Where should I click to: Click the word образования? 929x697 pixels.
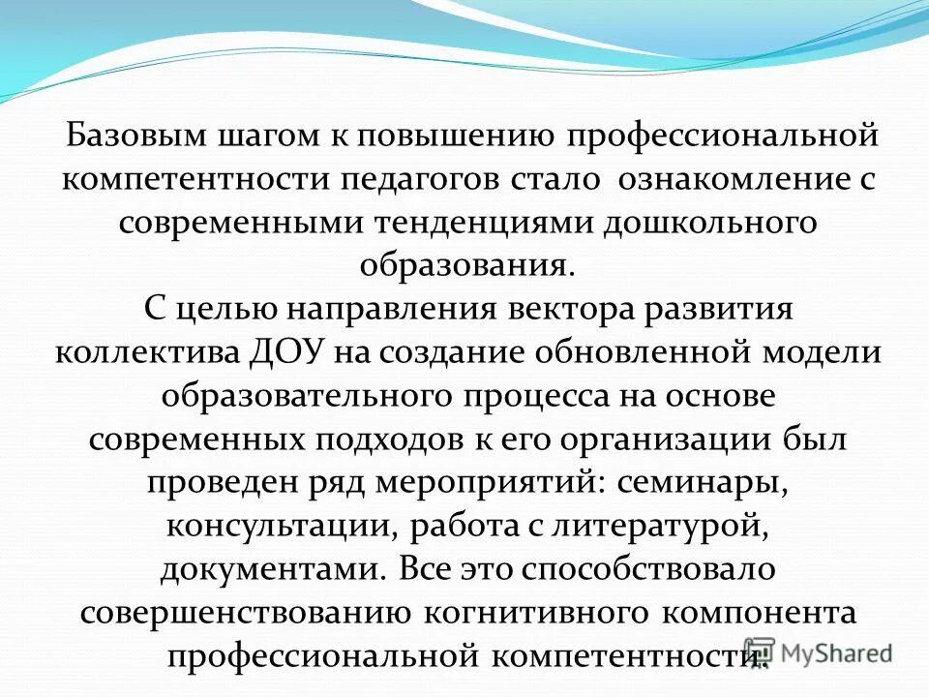(461, 265)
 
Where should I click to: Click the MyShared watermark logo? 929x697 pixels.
(818, 652)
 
